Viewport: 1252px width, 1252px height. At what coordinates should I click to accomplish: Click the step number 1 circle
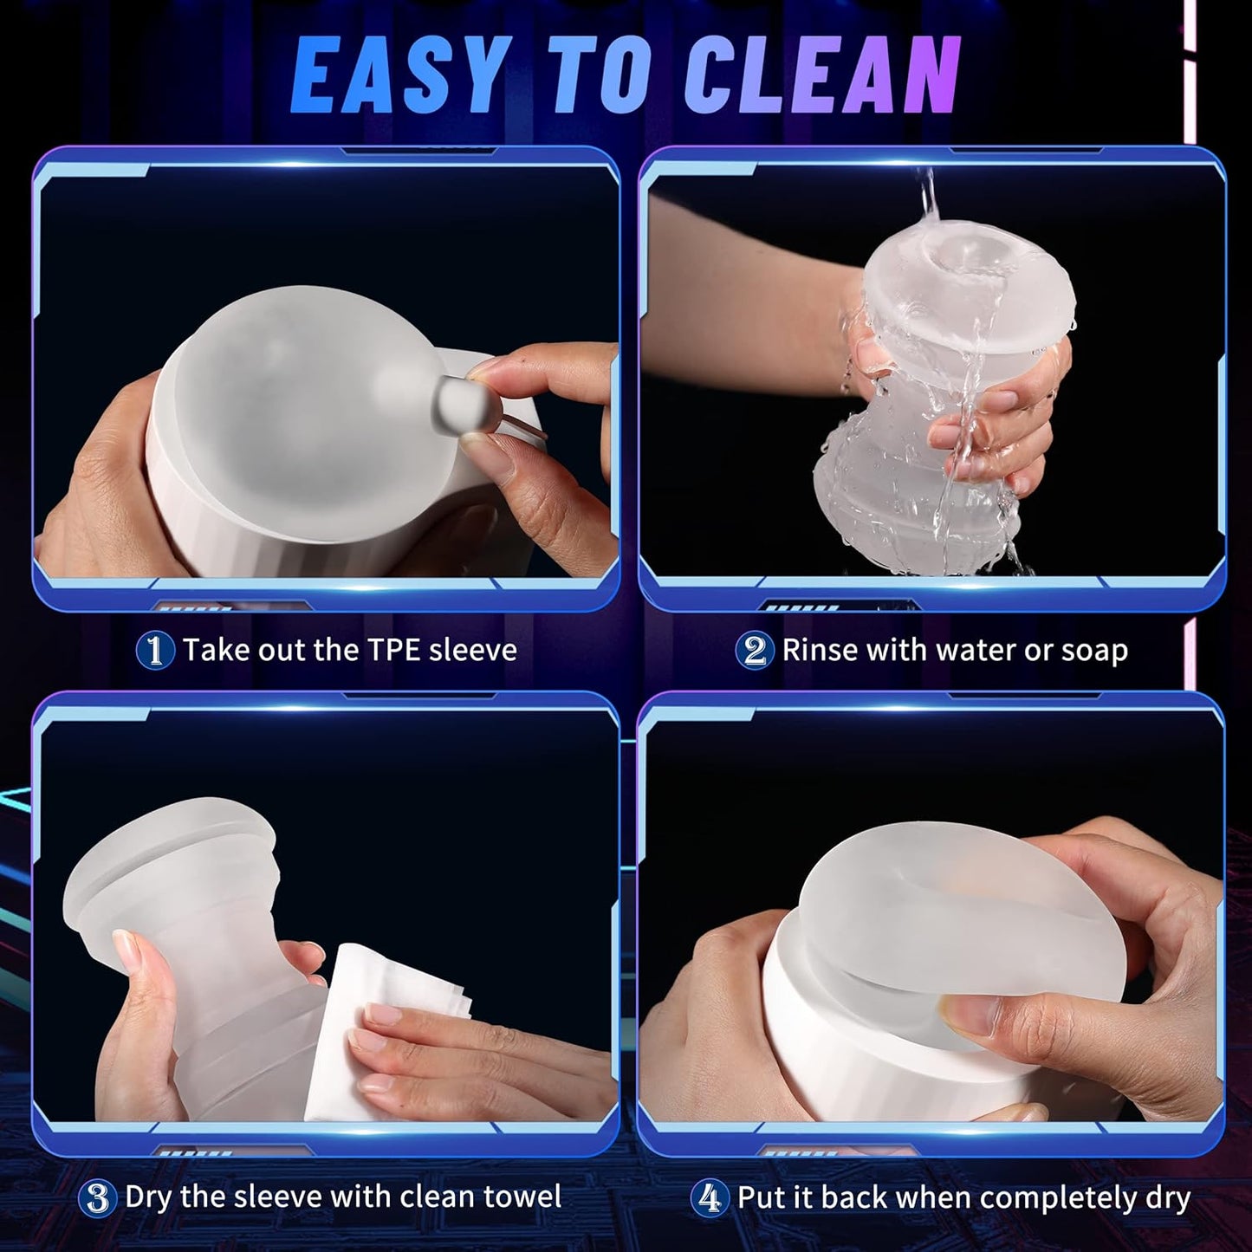155,651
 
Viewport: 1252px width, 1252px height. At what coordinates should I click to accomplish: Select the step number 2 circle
754,651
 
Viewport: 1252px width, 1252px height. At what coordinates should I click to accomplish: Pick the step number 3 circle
98,1198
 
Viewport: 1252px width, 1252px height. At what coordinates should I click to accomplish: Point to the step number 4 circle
710,1198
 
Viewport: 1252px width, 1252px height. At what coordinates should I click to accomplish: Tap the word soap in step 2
1092,650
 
